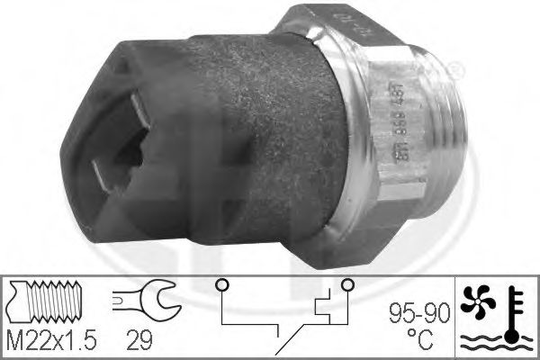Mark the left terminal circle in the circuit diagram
[x=219, y=285]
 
